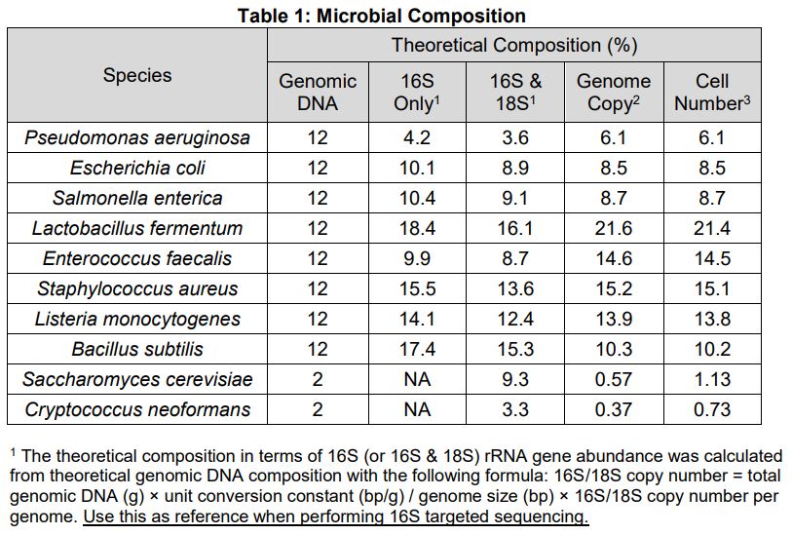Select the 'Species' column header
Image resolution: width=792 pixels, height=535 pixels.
(x=137, y=75)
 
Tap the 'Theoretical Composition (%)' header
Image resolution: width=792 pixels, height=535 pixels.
(x=514, y=45)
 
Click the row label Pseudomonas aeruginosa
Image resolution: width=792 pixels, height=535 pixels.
(x=137, y=137)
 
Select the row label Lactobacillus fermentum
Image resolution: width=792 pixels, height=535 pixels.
(x=137, y=228)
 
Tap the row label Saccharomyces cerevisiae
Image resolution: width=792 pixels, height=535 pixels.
(x=137, y=379)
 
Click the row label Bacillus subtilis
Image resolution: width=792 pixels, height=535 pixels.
(x=137, y=349)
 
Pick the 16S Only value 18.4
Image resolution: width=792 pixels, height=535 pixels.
(x=417, y=228)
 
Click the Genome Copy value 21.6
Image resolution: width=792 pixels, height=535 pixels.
(x=614, y=228)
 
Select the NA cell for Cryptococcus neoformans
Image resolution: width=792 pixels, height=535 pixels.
(x=417, y=409)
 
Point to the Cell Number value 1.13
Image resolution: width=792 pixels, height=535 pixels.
(x=712, y=379)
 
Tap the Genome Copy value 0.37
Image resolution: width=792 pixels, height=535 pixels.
(x=614, y=409)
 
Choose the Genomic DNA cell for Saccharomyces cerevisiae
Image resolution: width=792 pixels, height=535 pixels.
(x=318, y=379)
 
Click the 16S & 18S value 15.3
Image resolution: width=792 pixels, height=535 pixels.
(x=515, y=349)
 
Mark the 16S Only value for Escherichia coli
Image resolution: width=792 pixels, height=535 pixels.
(x=417, y=168)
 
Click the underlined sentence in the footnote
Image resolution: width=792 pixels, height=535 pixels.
(x=336, y=516)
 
